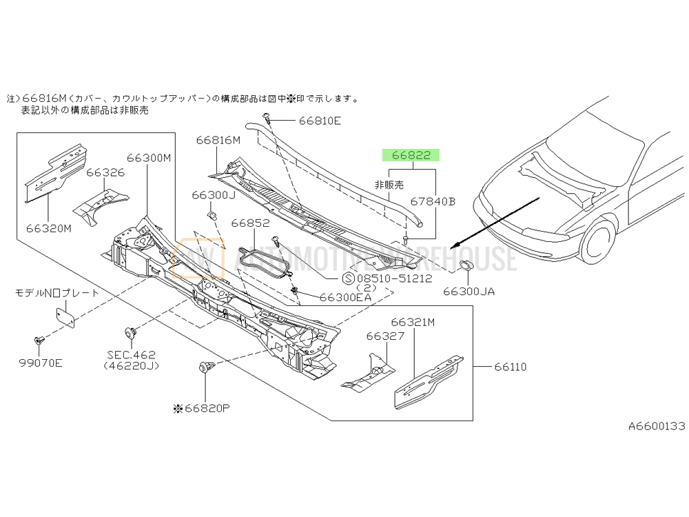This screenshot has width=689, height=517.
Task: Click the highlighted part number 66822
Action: pyautogui.click(x=411, y=156)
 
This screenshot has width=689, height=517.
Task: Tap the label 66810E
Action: pyautogui.click(x=319, y=121)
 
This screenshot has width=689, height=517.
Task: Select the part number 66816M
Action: pyautogui.click(x=218, y=140)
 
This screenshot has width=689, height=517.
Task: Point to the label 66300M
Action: pyautogui.click(x=147, y=158)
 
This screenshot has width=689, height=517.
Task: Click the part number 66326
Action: pyautogui.click(x=105, y=172)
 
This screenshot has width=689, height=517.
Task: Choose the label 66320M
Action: pyautogui.click(x=48, y=228)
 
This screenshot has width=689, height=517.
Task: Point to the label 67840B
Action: pyautogui.click(x=433, y=202)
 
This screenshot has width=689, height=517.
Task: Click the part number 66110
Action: pyautogui.click(x=510, y=367)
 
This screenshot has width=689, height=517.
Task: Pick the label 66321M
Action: pyautogui.click(x=413, y=322)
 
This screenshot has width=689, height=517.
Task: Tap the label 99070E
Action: pyautogui.click(x=40, y=363)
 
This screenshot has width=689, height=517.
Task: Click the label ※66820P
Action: pyautogui.click(x=201, y=408)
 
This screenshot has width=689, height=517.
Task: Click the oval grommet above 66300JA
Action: pyautogui.click(x=466, y=267)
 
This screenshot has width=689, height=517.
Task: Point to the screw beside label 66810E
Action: pyautogui.click(x=267, y=119)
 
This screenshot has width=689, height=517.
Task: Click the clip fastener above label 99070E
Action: pyautogui.click(x=39, y=341)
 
